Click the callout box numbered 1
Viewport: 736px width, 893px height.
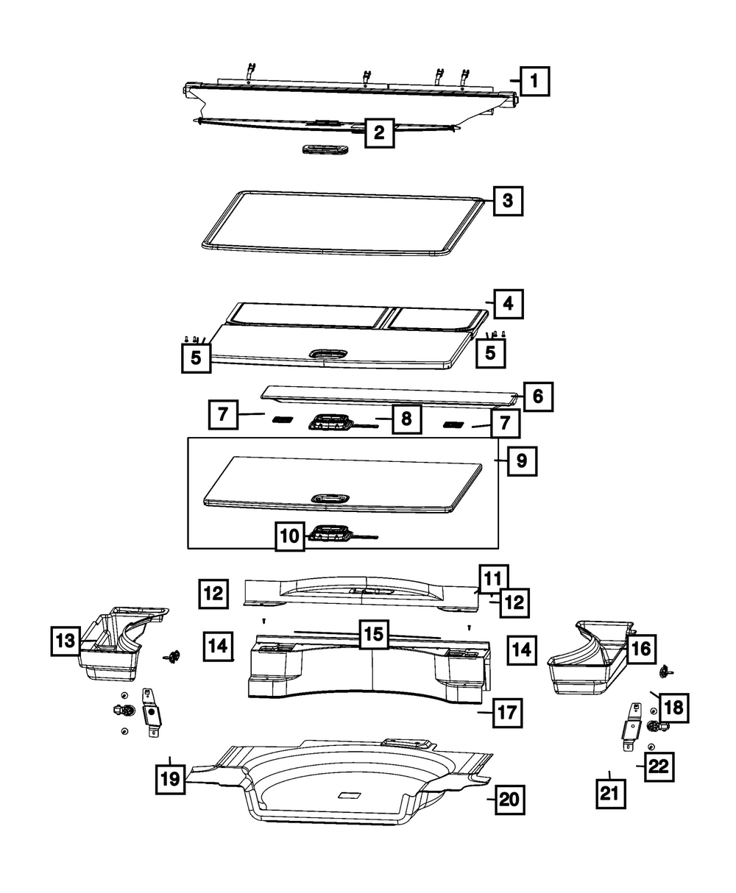point(535,81)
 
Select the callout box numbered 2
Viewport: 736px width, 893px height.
point(378,133)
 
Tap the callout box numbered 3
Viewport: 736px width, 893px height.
point(508,200)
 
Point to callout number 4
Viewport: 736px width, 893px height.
point(508,303)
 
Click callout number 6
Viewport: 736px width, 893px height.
point(537,396)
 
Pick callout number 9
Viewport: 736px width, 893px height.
point(521,461)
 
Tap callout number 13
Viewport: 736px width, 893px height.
point(66,640)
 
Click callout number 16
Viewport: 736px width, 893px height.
point(640,648)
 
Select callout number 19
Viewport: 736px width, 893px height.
point(170,779)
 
